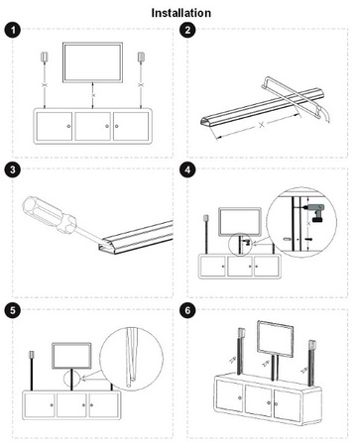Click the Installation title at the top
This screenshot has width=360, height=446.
[180, 13]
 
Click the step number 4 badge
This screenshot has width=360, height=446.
[190, 169]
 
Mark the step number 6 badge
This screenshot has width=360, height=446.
[190, 310]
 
